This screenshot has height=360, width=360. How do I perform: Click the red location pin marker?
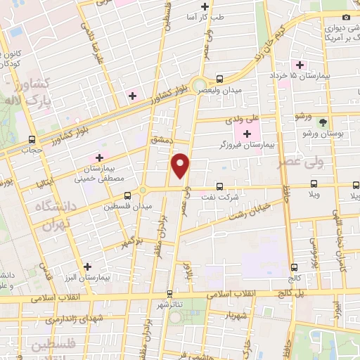[181, 165]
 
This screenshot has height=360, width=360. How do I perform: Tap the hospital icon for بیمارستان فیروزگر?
[247, 134]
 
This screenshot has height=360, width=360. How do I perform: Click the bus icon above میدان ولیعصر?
[220, 79]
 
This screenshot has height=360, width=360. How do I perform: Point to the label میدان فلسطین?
[124, 207]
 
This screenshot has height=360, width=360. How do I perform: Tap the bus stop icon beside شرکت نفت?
[220, 186]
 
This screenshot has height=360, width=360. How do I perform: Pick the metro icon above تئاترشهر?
[169, 295]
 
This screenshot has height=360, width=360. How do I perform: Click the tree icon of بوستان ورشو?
[323, 122]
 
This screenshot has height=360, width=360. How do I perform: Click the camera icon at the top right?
[345, 17]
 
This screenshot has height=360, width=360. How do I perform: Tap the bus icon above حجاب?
[32, 139]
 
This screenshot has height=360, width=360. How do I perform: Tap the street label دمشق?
[161, 139]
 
